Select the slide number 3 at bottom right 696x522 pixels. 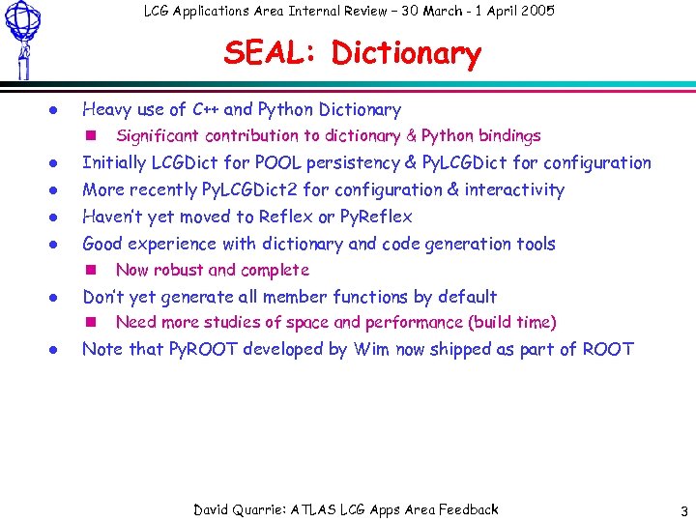click(682, 510)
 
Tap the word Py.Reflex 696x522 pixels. click(376, 217)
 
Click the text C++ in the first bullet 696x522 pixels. click(205, 109)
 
